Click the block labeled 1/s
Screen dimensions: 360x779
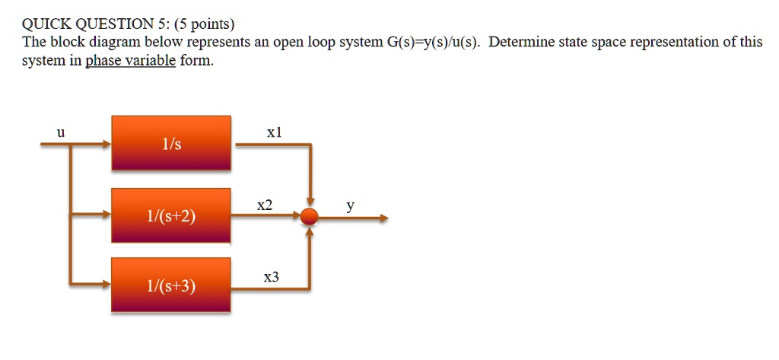(171, 143)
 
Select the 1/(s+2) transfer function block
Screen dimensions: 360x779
(171, 216)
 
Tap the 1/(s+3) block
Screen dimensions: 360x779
(171, 285)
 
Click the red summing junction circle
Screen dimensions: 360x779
(309, 217)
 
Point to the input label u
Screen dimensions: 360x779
(61, 132)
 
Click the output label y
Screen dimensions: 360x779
(350, 205)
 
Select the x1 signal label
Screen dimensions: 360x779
(275, 132)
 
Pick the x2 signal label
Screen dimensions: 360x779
(265, 205)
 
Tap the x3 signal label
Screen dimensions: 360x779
(271, 278)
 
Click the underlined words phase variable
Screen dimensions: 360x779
(130, 61)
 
